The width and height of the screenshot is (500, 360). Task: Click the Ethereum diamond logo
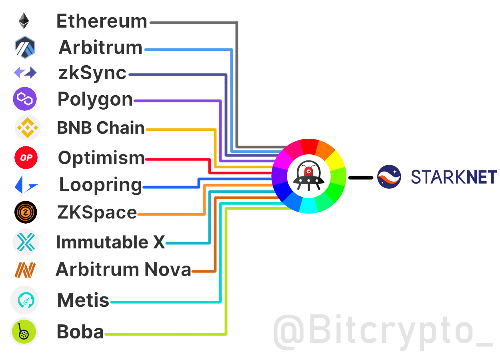coord(24,21)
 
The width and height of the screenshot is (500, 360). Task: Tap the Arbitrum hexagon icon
coord(25,47)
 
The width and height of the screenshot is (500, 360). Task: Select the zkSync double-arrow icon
coord(25,73)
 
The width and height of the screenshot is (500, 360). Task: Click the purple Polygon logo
coord(25,99)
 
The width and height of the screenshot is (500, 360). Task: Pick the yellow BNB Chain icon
coord(27,128)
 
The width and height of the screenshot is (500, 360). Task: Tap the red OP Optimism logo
coord(26,158)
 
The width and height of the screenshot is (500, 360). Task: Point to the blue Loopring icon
coord(26,185)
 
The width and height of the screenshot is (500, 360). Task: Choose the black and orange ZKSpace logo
coord(26,212)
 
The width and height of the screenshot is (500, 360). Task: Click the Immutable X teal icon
coord(26,242)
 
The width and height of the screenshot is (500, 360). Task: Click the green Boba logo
coord(24,332)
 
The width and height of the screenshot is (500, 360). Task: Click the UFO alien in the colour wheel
coord(308,176)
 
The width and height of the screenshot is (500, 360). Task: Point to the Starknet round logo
coord(389,177)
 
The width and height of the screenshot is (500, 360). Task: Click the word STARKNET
coord(454,177)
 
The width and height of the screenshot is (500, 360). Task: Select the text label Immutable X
coord(110,242)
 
